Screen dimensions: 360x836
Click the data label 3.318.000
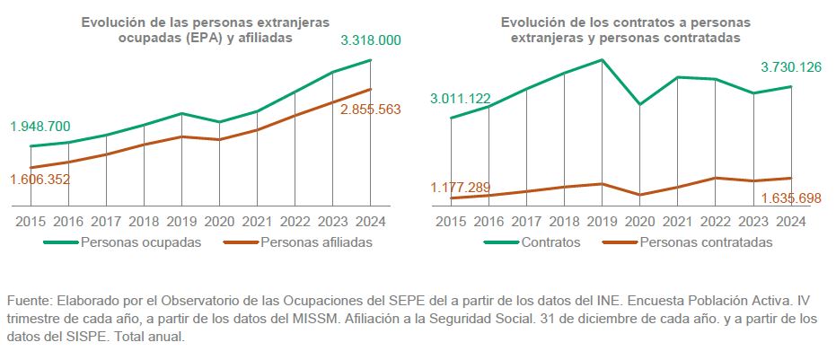[370, 40]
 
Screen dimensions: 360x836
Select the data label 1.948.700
[40, 127]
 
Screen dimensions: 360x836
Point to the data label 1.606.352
[40, 179]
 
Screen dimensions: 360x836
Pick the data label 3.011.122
[461, 99]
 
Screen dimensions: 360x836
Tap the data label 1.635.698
[791, 198]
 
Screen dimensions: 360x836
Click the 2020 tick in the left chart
[219, 221]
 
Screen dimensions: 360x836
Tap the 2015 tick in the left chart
[31, 221]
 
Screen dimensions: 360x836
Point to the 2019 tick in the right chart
[602, 221]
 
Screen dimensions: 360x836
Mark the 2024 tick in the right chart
[790, 221]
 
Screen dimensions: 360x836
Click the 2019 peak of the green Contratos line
[602, 60]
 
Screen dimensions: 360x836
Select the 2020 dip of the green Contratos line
[639, 104]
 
